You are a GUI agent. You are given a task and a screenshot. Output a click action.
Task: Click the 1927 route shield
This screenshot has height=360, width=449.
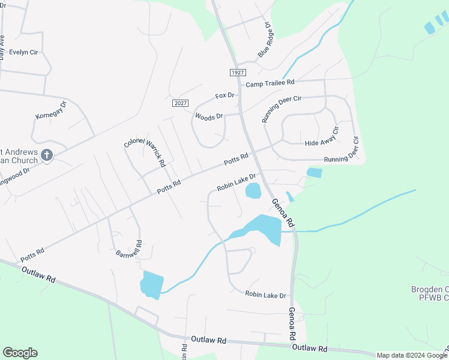(x=238, y=72)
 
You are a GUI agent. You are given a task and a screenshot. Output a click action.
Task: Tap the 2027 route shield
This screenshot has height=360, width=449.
(x=180, y=103)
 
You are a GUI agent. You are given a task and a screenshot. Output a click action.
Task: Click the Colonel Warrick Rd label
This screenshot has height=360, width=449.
(x=144, y=149)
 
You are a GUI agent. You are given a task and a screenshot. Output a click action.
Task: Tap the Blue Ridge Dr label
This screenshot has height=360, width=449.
(x=265, y=40)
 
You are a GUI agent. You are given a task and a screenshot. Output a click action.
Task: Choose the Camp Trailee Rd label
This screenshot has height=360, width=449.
(x=270, y=82)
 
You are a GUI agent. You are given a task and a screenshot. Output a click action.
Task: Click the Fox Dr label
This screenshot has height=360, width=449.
(x=225, y=95)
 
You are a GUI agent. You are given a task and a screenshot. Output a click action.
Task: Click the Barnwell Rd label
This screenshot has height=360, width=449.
(x=128, y=248)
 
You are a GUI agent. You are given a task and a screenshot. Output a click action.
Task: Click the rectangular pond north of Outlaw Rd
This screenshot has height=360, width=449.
(x=152, y=284)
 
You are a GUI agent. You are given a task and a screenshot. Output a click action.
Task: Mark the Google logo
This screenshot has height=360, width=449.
(x=20, y=353)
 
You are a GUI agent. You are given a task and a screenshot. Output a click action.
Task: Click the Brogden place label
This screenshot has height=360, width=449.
(x=430, y=293)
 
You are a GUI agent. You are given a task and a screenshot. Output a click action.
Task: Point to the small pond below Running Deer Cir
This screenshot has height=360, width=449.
(x=314, y=173)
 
